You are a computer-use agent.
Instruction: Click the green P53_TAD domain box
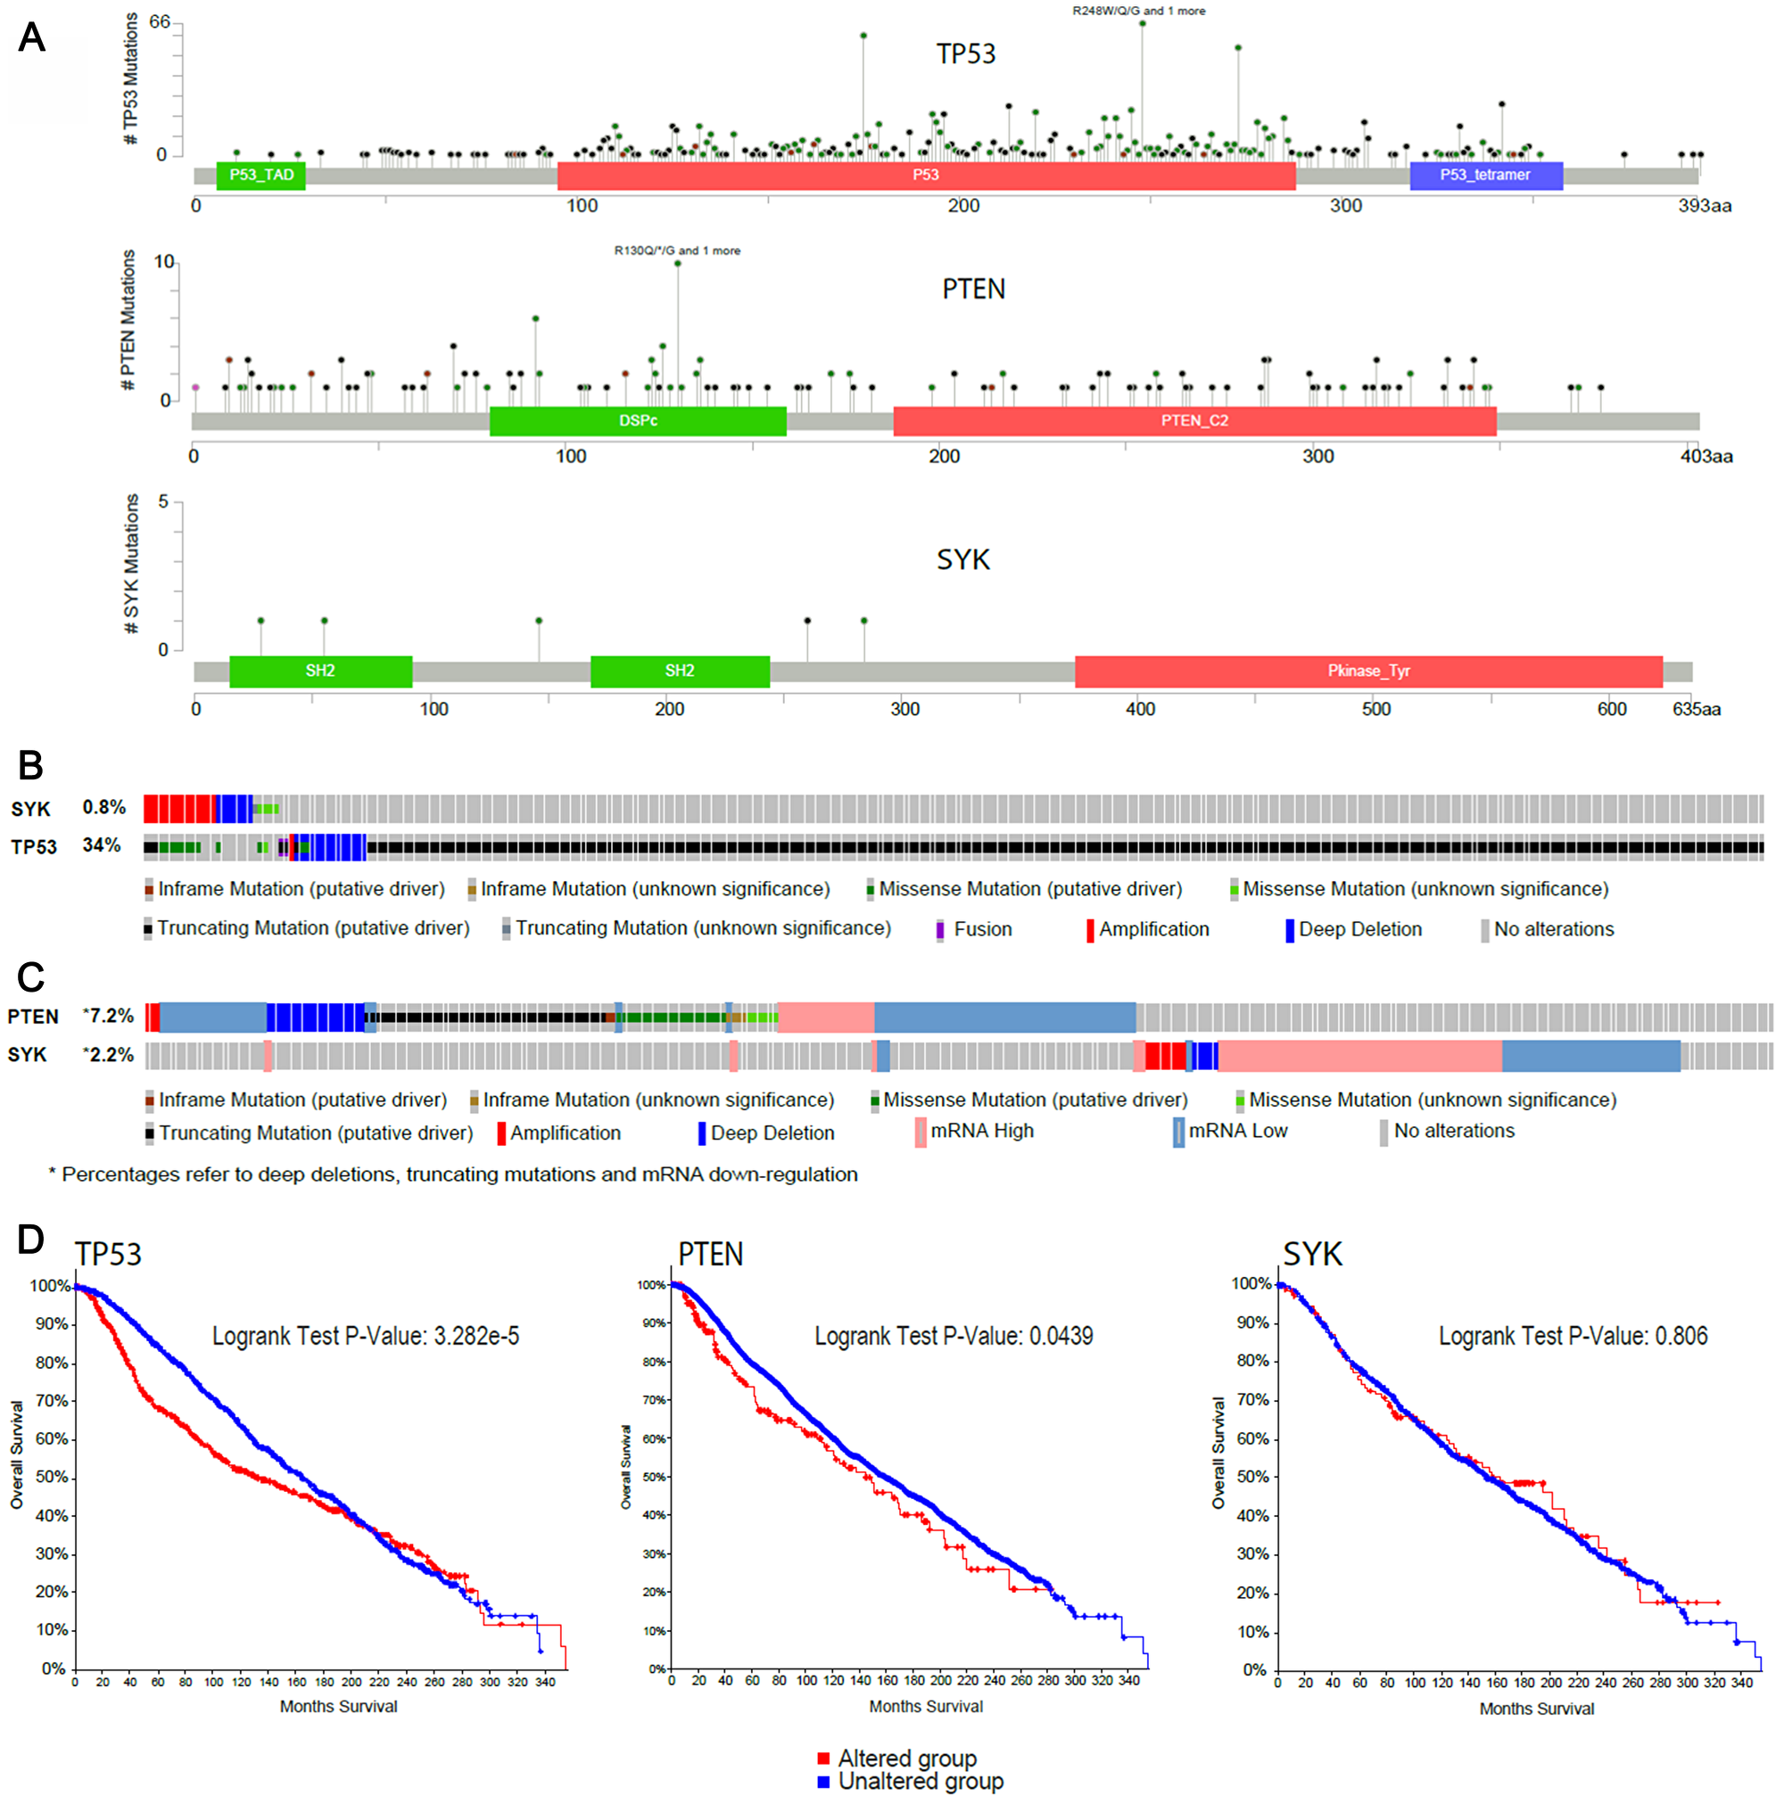coord(260,175)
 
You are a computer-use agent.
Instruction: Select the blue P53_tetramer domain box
coord(1484,175)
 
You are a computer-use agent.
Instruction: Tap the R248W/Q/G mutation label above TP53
coord(1137,12)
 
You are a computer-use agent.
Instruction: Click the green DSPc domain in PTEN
coord(637,421)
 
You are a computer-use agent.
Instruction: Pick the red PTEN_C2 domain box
coord(1193,421)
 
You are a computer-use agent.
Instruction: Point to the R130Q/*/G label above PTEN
coord(676,251)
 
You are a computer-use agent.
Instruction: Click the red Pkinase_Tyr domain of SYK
coord(1367,671)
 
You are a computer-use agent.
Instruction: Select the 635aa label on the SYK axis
coord(1696,709)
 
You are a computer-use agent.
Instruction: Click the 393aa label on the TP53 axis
coord(1704,205)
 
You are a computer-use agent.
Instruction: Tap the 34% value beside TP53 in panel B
coord(101,845)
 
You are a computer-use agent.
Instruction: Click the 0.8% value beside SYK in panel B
coord(103,807)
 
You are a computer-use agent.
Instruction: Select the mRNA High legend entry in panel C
coord(980,1131)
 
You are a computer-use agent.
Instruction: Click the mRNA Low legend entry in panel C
coord(1236,1131)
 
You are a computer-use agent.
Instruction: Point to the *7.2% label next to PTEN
coord(108,1015)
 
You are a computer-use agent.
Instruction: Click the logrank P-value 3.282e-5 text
coord(365,1336)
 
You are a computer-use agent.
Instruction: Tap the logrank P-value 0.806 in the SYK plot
coord(1572,1336)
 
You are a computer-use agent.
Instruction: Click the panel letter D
coord(30,1240)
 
